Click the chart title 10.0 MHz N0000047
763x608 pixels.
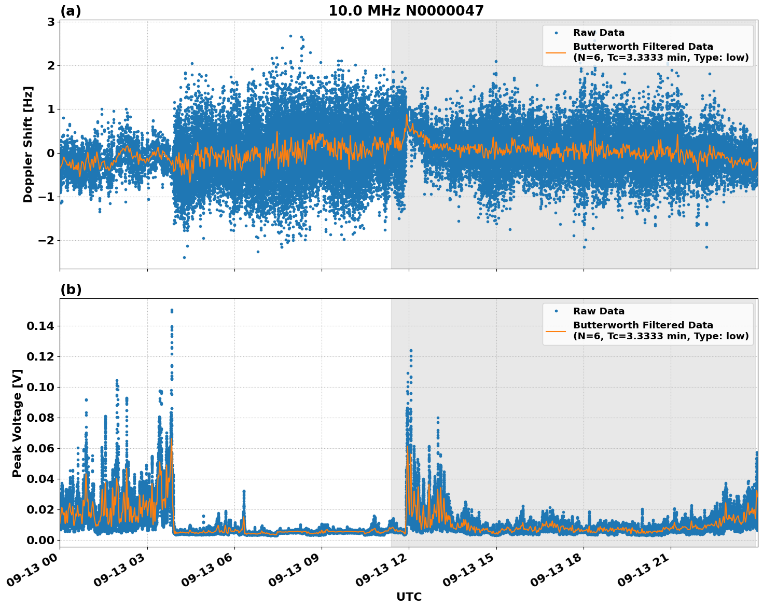[x=406, y=11]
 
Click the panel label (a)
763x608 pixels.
[x=71, y=11]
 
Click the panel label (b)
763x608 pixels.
[x=71, y=289]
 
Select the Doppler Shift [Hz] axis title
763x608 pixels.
[x=28, y=144]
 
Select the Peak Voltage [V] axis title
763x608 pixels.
[x=17, y=423]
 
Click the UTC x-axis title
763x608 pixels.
[x=409, y=597]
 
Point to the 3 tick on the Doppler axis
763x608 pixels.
[x=51, y=22]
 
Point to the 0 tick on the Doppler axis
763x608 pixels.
[x=51, y=153]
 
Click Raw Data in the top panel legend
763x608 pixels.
[x=599, y=33]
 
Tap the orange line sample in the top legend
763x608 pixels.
[x=556, y=52]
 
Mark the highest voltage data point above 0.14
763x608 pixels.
[x=172, y=310]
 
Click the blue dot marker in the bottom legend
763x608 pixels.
[x=556, y=311]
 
